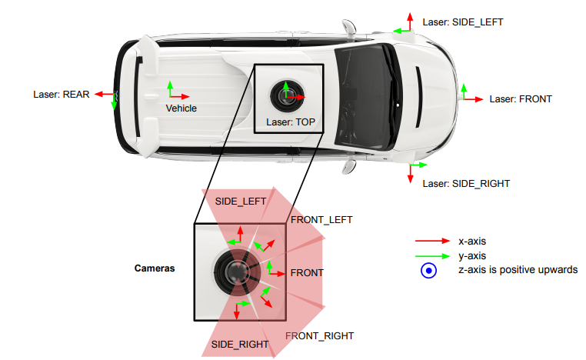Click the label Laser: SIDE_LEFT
coord(463,22)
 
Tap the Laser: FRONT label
coord(521,99)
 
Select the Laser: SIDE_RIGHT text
coord(466,184)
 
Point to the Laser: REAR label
coord(62,94)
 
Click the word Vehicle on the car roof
coord(181,108)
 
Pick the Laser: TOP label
coord(291,122)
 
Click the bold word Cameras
coord(155,268)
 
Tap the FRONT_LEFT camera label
coord(321,220)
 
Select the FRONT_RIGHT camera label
coord(320,336)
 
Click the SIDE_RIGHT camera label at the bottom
coord(240,345)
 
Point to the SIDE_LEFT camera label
coord(241,202)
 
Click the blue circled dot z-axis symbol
coord(428,270)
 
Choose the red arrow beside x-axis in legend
coord(432,241)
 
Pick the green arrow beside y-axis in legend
coord(432,256)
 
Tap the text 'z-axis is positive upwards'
coord(518,270)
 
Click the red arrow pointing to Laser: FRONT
coord(474,99)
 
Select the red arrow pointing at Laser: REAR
coord(105,94)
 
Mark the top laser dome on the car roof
coord(287,95)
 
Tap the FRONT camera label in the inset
coord(307,273)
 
